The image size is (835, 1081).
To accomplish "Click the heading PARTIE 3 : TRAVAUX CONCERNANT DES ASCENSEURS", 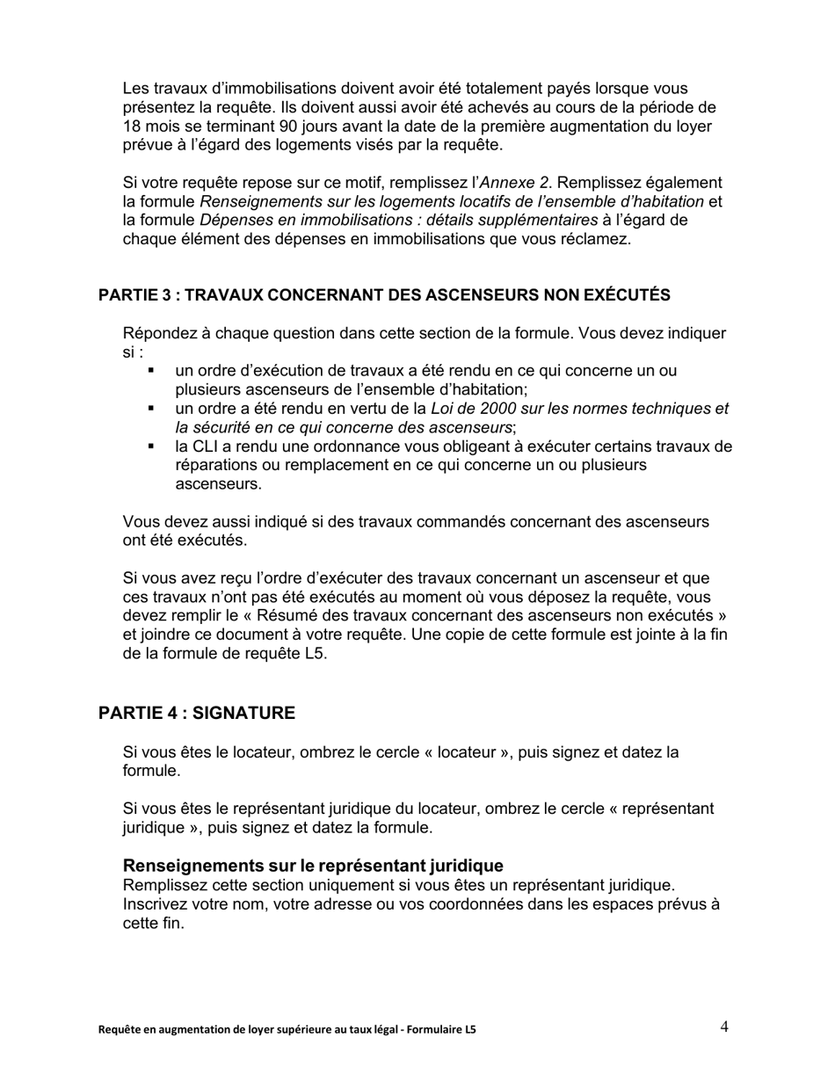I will (384, 295).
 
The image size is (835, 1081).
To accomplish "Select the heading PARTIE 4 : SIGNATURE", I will (197, 713).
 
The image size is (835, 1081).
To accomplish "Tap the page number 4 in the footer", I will (723, 1027).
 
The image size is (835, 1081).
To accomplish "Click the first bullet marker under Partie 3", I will (151, 371).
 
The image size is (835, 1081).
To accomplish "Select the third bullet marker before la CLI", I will (151, 446).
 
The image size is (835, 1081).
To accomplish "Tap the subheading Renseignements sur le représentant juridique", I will (313, 866).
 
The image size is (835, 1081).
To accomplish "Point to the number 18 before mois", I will (132, 126).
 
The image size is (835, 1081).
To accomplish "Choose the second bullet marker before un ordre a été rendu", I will (151, 409).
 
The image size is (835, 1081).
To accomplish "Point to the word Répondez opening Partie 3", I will (159, 334).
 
